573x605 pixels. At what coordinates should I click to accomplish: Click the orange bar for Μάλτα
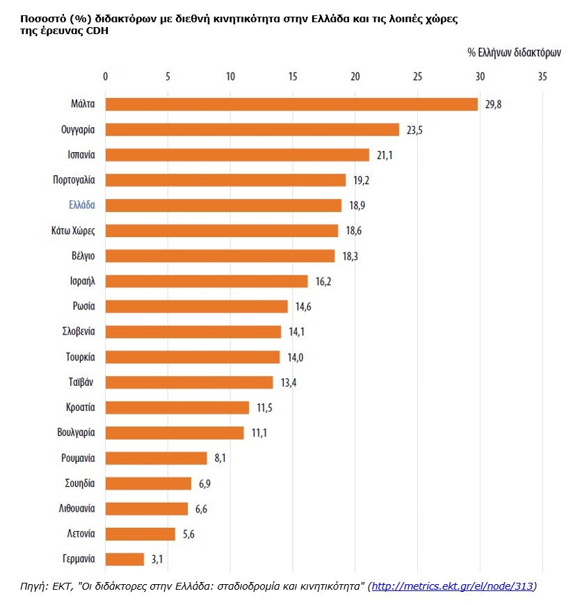[x=291, y=104]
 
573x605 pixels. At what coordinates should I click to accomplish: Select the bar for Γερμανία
[x=124, y=559]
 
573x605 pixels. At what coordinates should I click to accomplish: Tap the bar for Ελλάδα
[x=223, y=205]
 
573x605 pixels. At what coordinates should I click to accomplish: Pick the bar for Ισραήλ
[x=207, y=281]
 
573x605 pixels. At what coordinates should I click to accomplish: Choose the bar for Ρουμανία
[x=156, y=458]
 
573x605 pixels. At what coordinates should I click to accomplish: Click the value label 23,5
[x=415, y=130]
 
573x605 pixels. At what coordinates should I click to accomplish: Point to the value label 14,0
[x=296, y=357]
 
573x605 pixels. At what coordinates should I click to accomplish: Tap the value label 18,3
[x=350, y=256]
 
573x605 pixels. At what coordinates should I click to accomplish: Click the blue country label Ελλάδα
[x=82, y=205]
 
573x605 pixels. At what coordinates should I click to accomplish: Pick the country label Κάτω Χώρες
[x=74, y=230]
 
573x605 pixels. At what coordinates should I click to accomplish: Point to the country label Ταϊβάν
[x=80, y=382]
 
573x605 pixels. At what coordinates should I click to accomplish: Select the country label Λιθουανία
[x=76, y=508]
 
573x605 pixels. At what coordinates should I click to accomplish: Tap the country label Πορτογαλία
[x=74, y=179]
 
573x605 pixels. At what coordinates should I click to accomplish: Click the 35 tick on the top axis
[x=542, y=76]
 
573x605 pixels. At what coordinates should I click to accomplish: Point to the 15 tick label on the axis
[x=293, y=76]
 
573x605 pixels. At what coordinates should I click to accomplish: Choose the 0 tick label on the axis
[x=105, y=76]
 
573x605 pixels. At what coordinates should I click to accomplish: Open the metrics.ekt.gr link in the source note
[x=453, y=587]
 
